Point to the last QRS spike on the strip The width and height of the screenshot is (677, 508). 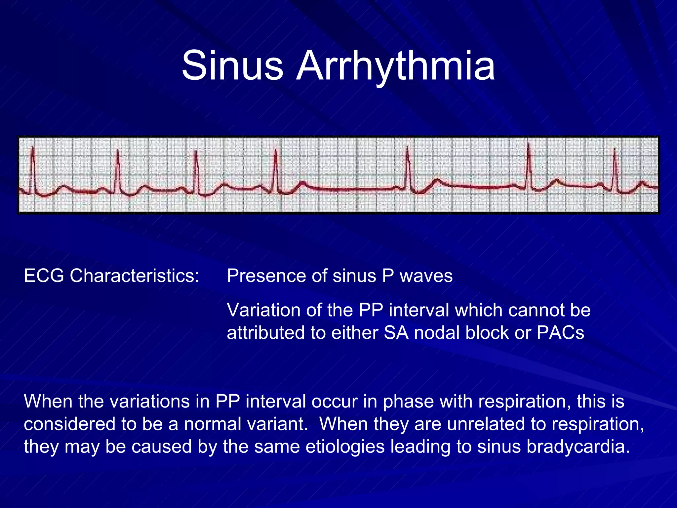(615, 169)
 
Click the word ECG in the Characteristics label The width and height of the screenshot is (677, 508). (44, 275)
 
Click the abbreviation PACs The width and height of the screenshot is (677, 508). (560, 333)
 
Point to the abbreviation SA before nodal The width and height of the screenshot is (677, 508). (396, 333)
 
